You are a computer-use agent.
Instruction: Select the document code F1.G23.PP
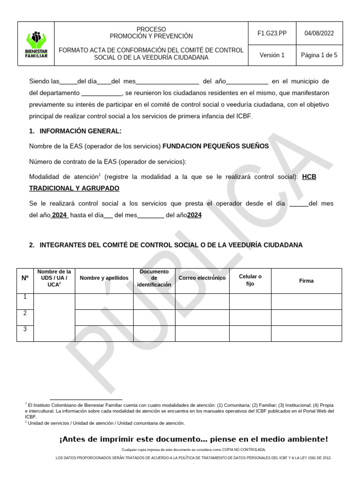[272, 33]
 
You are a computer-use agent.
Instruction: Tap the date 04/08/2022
[319, 33]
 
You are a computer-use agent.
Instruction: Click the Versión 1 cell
[272, 55]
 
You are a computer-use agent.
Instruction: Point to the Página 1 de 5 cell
[319, 55]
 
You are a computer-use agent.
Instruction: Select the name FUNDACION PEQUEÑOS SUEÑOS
[216, 146]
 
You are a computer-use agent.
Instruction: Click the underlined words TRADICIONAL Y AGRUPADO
[74, 188]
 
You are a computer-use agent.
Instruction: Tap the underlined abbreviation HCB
[309, 177]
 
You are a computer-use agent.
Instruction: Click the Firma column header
[307, 281]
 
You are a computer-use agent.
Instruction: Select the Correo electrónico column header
[202, 278]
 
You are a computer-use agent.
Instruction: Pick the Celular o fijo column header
[250, 280]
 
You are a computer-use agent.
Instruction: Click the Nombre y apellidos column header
[104, 278]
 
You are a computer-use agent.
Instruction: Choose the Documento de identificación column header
[154, 278]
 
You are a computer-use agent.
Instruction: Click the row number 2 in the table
[25, 313]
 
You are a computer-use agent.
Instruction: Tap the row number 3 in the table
[25, 329]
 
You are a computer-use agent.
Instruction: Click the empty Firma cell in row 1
[307, 301]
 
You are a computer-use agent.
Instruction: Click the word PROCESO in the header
[151, 29]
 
